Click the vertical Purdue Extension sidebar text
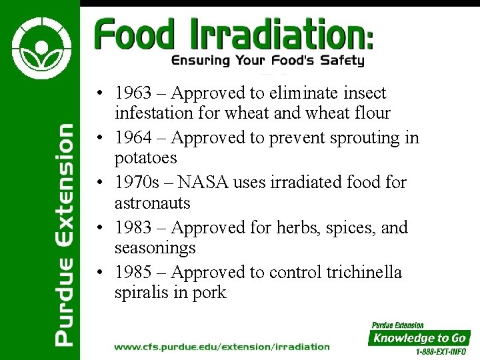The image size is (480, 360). point(64,233)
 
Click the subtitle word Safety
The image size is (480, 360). point(342,61)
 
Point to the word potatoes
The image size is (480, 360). point(146,159)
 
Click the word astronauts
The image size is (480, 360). point(153,203)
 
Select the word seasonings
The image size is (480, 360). point(155,249)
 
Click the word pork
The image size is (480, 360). point(210,293)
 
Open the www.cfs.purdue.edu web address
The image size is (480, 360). point(221,346)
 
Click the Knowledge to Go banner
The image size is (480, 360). point(419,337)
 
